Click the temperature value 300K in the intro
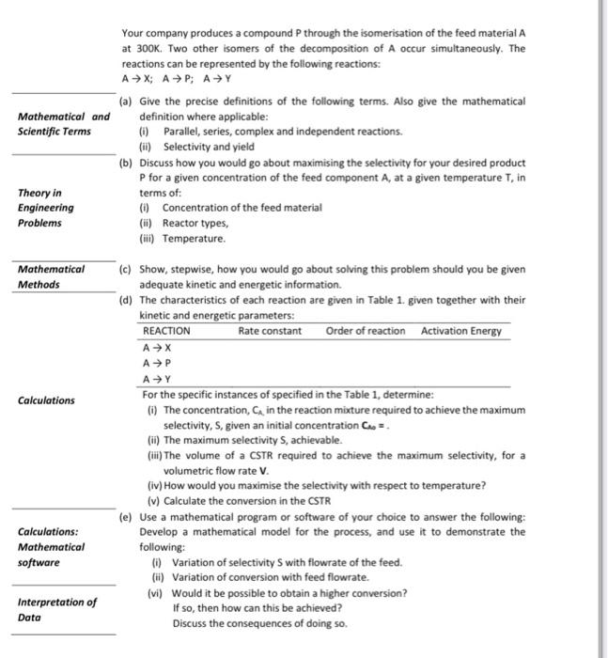coord(150,46)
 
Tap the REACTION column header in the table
coord(166,331)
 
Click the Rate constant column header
coord(270,331)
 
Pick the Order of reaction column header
coord(366,331)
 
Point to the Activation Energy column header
coord(460,331)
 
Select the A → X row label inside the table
coord(156,347)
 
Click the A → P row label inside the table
coord(156,363)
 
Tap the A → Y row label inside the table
coord(156,379)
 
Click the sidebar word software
coord(39,562)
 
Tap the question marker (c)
coord(126,269)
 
